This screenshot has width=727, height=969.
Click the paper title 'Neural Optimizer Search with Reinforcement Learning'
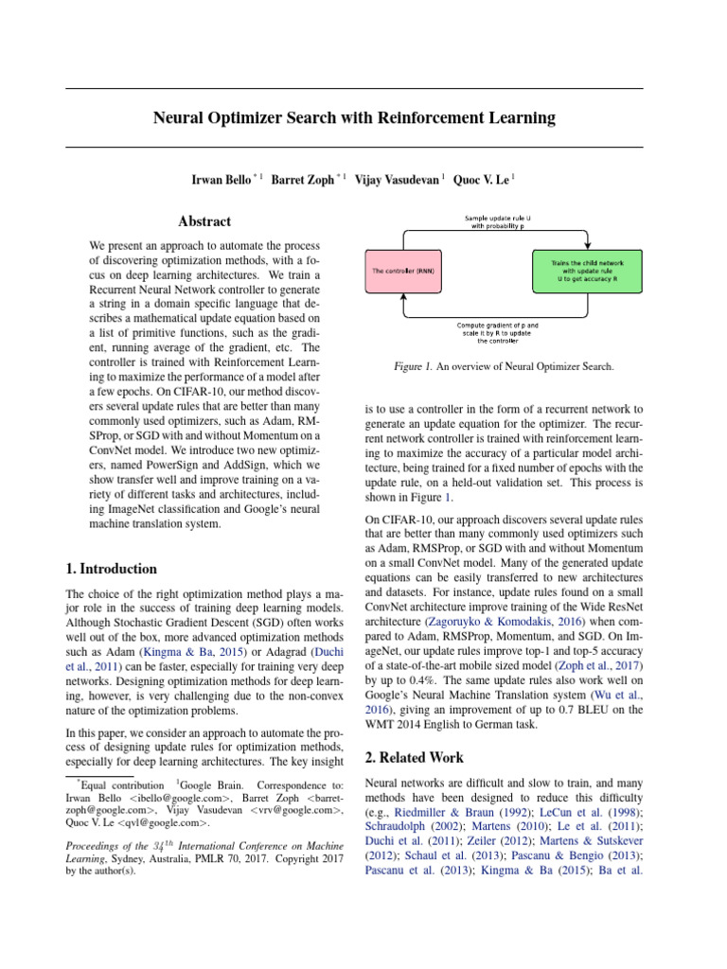pos(354,118)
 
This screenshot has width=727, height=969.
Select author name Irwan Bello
pos(225,179)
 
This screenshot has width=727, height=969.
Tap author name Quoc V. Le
pos(482,179)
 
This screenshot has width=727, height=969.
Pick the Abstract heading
pos(204,221)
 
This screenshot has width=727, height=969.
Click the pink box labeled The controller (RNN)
pos(405,271)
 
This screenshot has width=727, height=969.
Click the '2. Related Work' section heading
pos(414,757)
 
